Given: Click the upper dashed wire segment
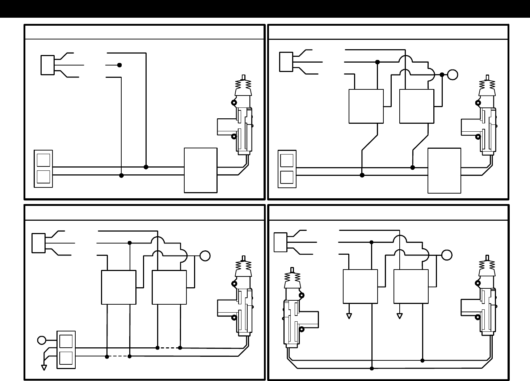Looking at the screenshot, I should [169, 348].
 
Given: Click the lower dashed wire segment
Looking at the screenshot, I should [118, 356].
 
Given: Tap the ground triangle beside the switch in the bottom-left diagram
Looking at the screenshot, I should [44, 368].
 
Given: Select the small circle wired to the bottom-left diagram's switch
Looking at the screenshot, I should [42, 340].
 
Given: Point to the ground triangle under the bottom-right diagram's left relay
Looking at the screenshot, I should [349, 316].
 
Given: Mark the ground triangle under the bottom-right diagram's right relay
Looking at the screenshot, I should [400, 316].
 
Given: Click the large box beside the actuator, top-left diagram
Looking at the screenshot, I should [201, 170].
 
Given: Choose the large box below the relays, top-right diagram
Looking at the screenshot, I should [444, 170].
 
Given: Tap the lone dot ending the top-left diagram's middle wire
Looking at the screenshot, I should [119, 65].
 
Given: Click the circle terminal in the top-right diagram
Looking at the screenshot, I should [453, 75].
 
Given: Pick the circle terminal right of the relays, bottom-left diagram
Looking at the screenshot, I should [205, 255].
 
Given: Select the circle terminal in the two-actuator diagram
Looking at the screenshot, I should [447, 255].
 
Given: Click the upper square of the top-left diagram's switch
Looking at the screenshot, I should [43, 160].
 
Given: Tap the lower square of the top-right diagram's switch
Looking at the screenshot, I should [287, 177].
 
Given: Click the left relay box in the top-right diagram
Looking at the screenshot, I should [366, 106].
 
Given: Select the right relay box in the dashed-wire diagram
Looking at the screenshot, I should [169, 287].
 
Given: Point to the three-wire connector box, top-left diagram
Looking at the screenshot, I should [47, 65].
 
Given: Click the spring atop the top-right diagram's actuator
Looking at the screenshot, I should [487, 84].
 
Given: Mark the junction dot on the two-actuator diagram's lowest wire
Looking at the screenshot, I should [372, 368].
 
